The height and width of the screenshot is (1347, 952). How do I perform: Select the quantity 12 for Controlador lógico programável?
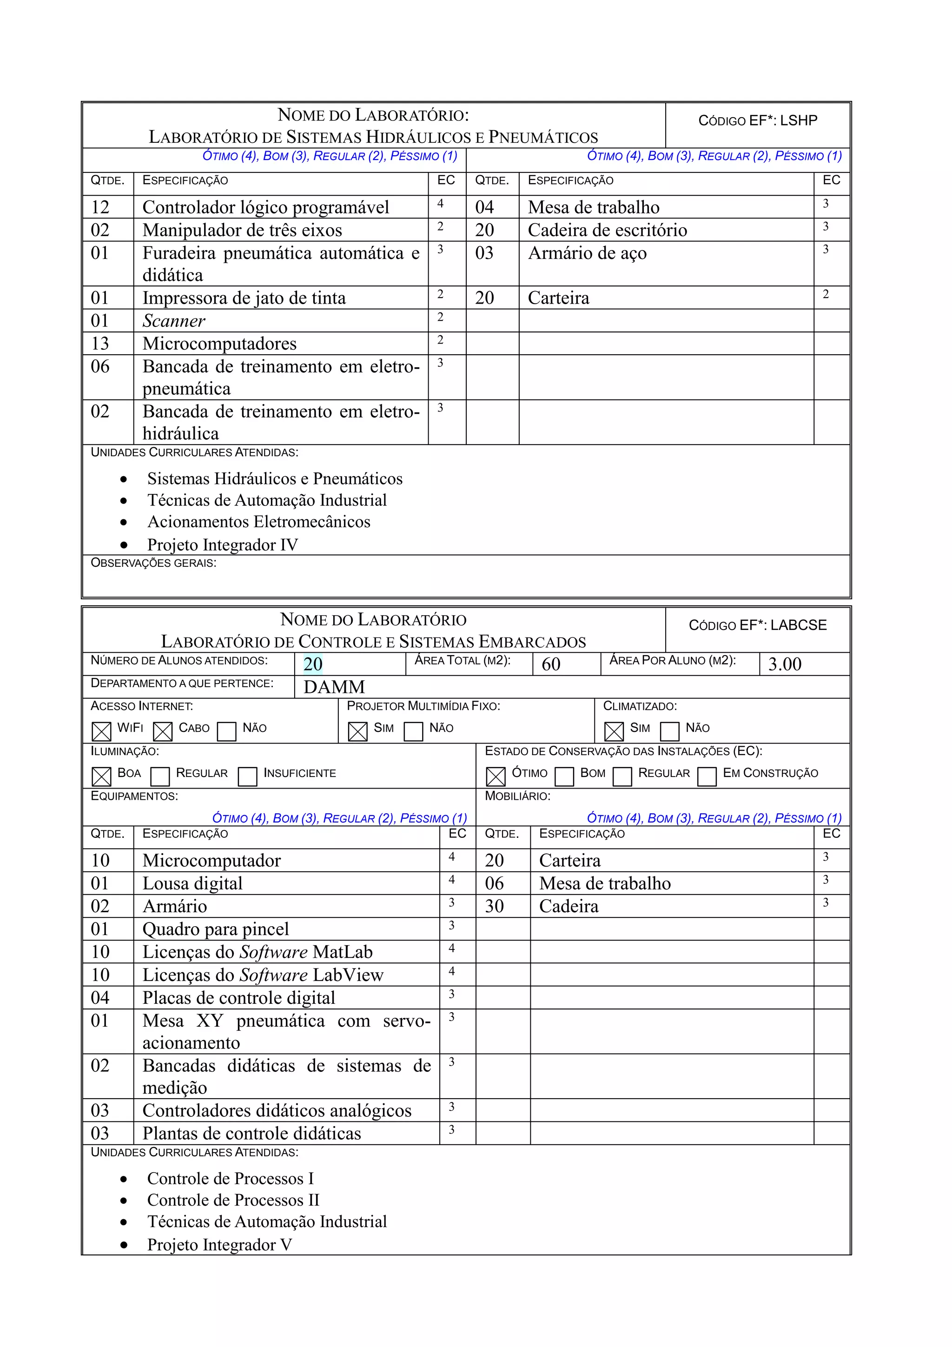click(100, 207)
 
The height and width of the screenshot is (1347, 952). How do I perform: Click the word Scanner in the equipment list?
click(174, 321)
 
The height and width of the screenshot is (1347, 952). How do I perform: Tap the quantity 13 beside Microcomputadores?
click(100, 344)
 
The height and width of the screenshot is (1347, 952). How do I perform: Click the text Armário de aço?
click(587, 253)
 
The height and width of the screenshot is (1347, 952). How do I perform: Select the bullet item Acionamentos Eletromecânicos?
click(258, 522)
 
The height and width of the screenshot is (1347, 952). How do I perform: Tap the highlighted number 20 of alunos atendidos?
click(313, 664)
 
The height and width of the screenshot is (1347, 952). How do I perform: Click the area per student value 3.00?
click(784, 664)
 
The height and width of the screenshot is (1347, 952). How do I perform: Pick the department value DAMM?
click(334, 687)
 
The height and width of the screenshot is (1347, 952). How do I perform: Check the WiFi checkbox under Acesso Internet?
click(101, 731)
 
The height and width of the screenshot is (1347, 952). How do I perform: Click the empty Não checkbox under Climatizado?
click(669, 731)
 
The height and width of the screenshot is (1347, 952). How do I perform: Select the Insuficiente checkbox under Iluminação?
click(247, 776)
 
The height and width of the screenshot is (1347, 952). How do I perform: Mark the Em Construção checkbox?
click(706, 776)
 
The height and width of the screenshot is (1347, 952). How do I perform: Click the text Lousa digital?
click(192, 883)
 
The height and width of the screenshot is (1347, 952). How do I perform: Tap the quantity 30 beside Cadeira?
click(494, 906)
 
